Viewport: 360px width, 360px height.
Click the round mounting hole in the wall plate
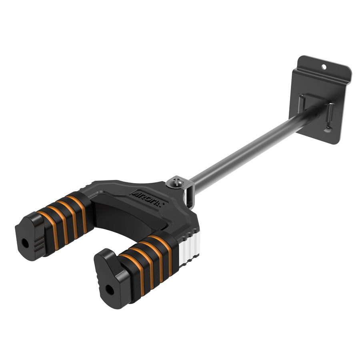324,64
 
